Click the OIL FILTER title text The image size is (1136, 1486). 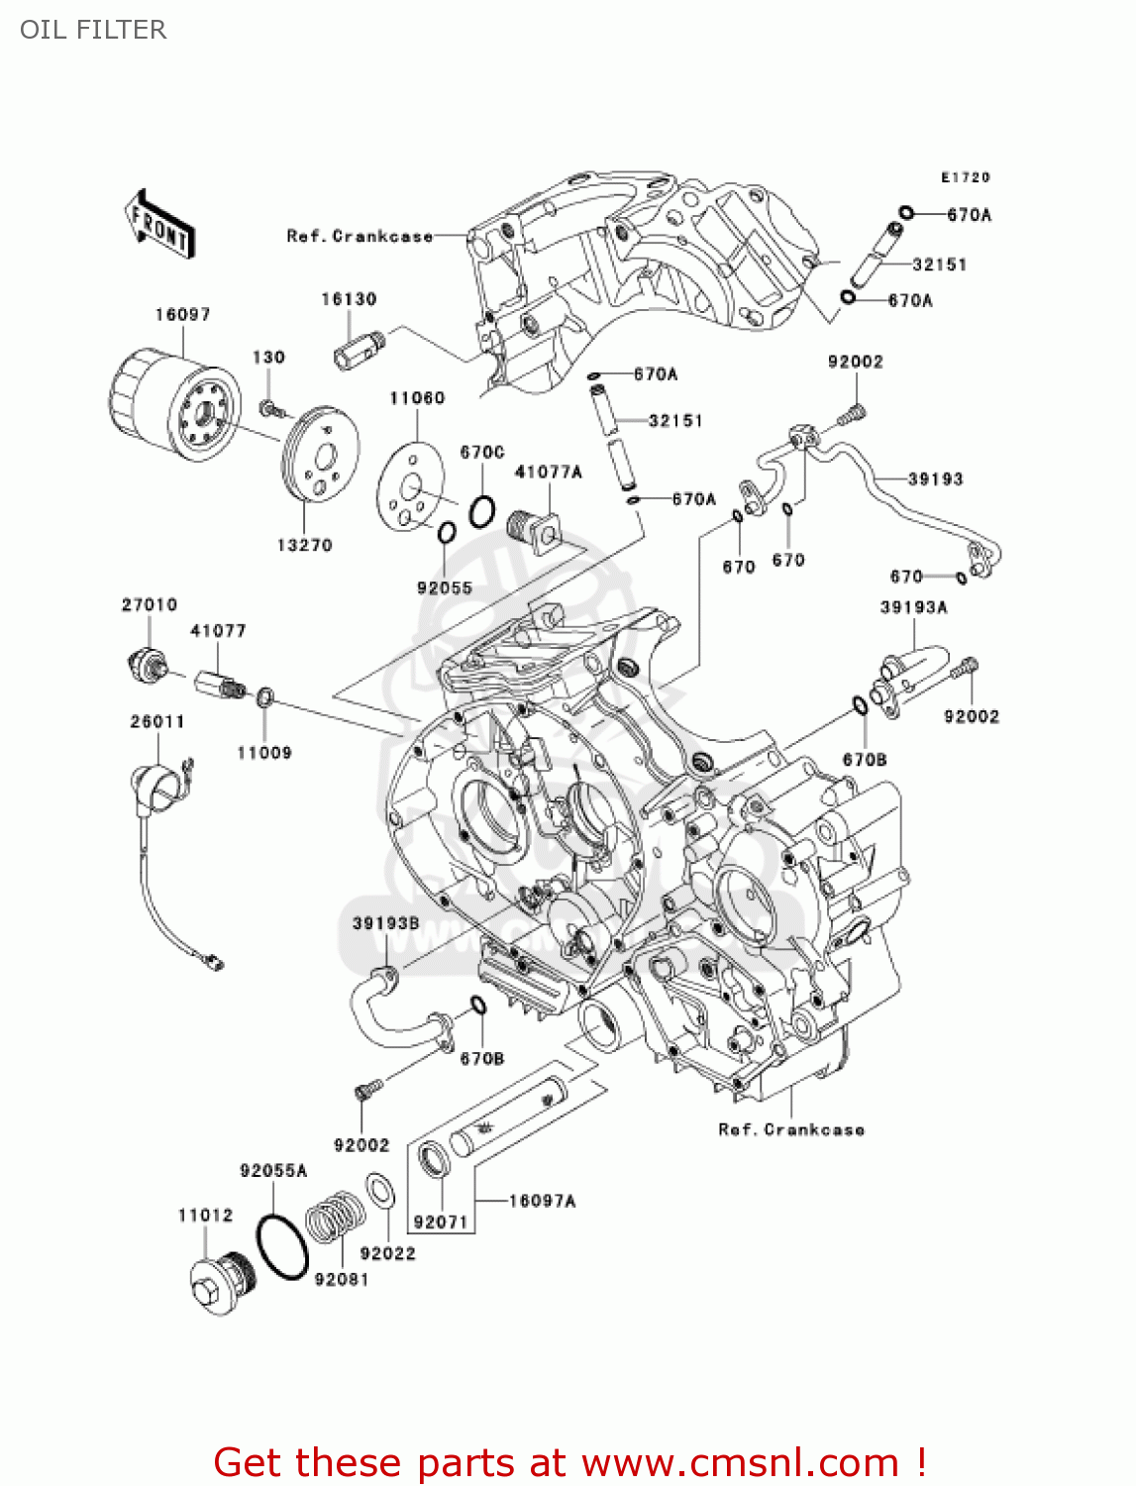click(93, 30)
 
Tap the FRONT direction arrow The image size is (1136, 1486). click(158, 225)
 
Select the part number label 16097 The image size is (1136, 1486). click(182, 314)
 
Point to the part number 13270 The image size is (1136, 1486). click(304, 545)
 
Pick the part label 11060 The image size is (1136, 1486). click(417, 398)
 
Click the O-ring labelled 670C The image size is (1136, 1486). click(481, 511)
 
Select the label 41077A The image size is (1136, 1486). click(548, 473)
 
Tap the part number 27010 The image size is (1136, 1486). click(150, 604)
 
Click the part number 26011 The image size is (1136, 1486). click(157, 721)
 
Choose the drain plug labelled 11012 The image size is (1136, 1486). click(222, 1284)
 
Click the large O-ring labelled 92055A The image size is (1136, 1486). click(283, 1246)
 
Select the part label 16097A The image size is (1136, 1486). click(542, 1201)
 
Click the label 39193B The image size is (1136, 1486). click(386, 923)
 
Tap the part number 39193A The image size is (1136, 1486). click(913, 606)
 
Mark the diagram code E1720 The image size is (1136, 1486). click(966, 177)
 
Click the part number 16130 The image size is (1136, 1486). click(349, 299)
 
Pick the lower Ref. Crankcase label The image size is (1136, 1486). click(791, 1129)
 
